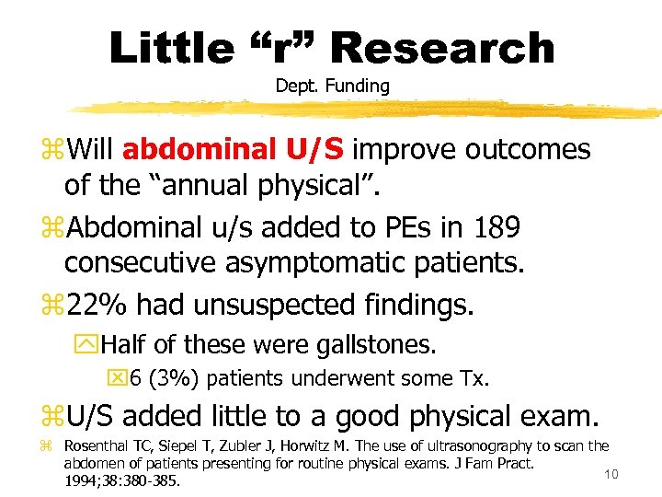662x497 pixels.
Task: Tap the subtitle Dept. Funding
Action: pos(332,86)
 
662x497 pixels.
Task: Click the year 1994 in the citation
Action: pos(83,480)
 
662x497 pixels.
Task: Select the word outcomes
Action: pos(522,149)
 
